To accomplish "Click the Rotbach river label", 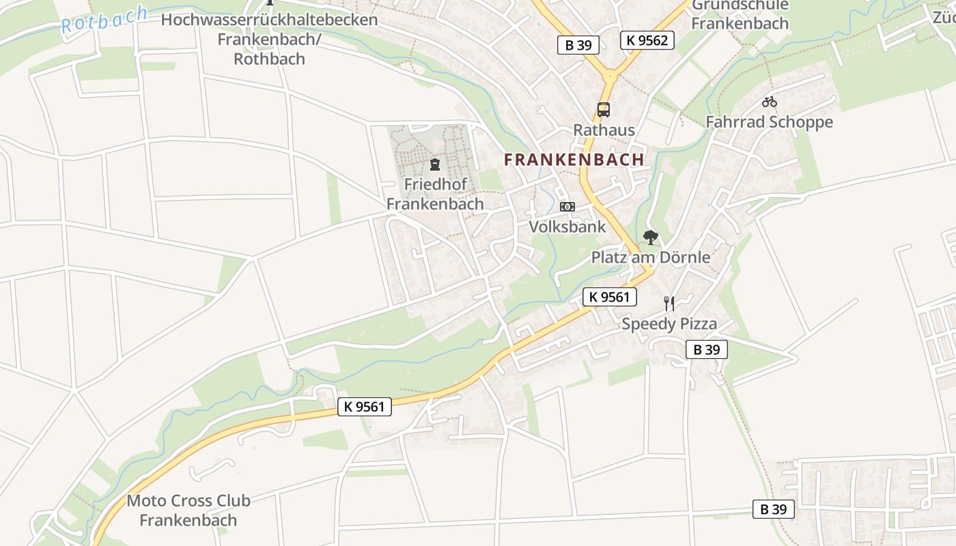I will [x=104, y=20].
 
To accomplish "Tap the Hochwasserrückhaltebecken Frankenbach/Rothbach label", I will [x=269, y=39].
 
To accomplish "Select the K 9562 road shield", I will [x=647, y=40].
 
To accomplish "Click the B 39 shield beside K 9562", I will [x=578, y=45].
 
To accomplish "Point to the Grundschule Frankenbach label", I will [x=740, y=14].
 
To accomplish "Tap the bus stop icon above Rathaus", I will [x=603, y=109].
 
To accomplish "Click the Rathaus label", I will [x=604, y=130].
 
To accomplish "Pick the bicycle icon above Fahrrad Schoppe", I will [x=770, y=102].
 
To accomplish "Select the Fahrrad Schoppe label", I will [x=769, y=122].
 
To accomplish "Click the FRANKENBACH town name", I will [x=574, y=160].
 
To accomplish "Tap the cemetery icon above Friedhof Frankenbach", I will [x=434, y=164].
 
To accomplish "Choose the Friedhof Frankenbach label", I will [x=435, y=194].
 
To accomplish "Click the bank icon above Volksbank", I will [x=567, y=207].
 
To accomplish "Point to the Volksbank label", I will [x=567, y=227].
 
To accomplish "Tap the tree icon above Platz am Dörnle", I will [x=650, y=238].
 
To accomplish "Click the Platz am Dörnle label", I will [x=650, y=257].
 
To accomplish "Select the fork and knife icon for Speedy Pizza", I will [x=669, y=304].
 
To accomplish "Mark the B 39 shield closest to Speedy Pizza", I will [x=706, y=349].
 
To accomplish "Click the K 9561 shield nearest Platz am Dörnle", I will [x=609, y=296].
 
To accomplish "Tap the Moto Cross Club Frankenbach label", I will [x=188, y=510].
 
